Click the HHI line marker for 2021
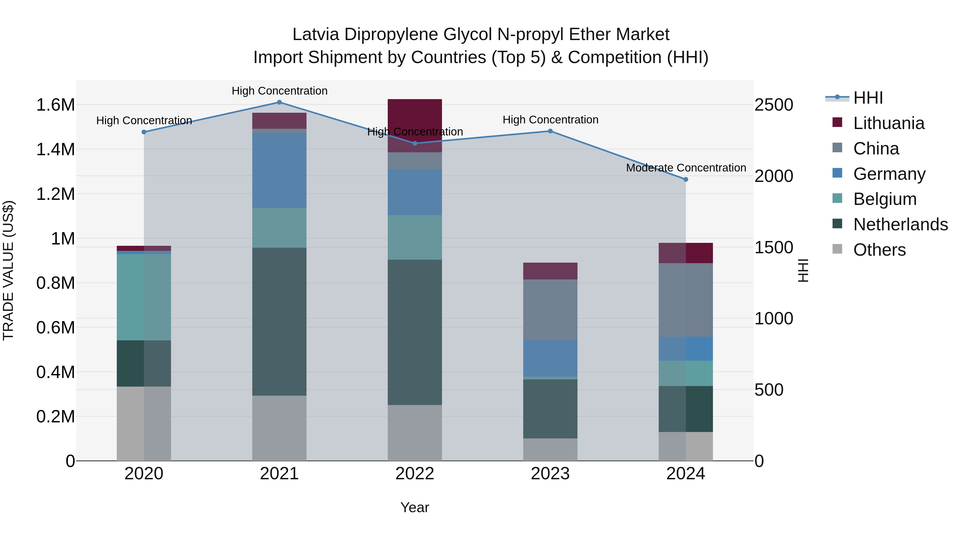click(279, 102)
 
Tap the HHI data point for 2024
click(686, 180)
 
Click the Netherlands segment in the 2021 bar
click(279, 321)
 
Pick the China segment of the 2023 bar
click(550, 310)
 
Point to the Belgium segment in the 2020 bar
click(144, 297)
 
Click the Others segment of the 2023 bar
click(550, 450)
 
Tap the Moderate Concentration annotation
click(686, 168)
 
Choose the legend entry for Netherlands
click(900, 224)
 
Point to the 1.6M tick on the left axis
click(55, 105)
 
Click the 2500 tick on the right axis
click(774, 105)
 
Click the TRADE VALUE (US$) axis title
click(8, 270)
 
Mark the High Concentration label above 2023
click(550, 120)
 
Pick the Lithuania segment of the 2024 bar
click(686, 253)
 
